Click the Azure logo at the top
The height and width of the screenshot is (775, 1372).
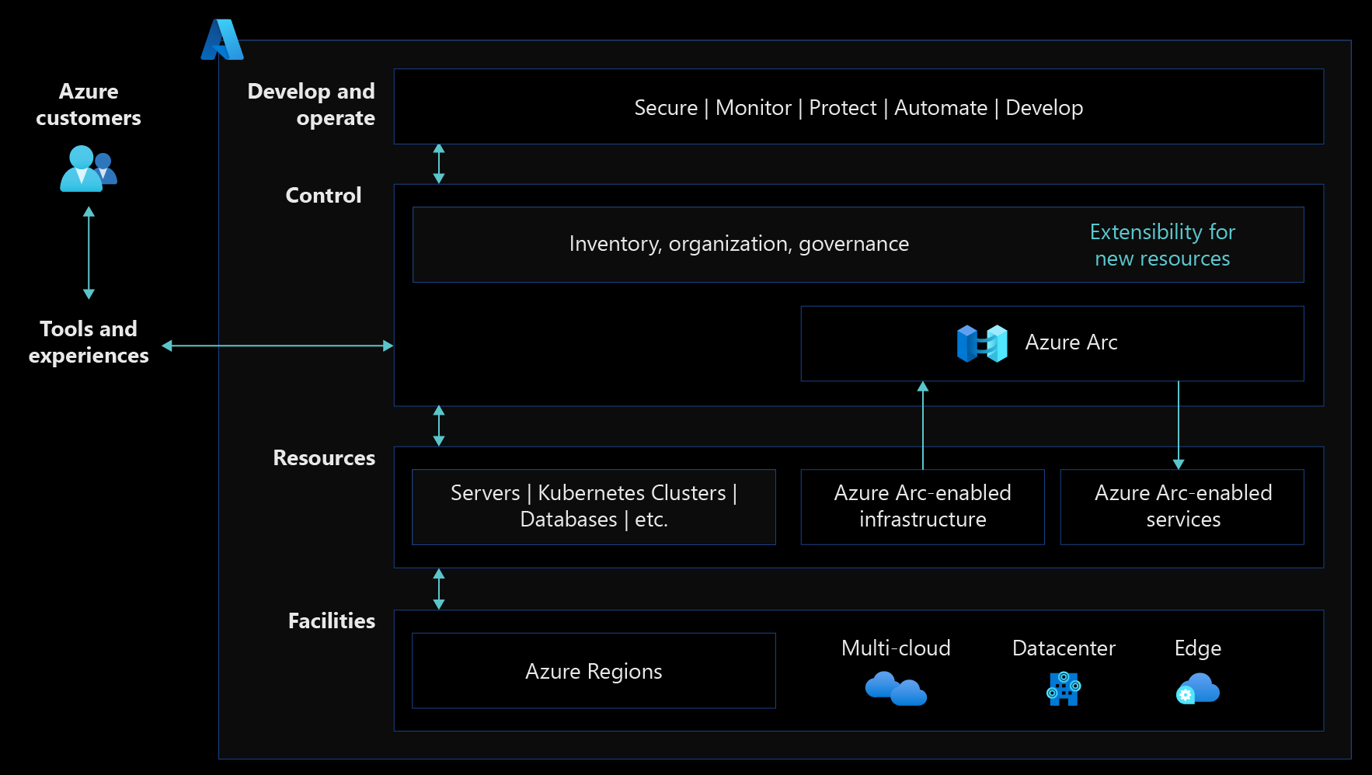tap(222, 40)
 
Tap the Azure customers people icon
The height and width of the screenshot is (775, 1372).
tap(89, 169)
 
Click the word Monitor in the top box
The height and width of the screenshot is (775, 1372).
tap(753, 107)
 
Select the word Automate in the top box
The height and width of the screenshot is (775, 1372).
tap(941, 107)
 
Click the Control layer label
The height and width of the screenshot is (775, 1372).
tap(323, 195)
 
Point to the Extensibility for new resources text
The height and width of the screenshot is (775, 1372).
tap(1162, 245)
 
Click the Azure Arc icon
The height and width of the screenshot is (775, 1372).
tap(982, 343)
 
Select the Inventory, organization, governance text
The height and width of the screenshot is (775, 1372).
tap(739, 244)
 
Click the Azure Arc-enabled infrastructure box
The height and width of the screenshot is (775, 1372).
tap(922, 506)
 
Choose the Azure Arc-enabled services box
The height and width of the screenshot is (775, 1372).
tap(1182, 506)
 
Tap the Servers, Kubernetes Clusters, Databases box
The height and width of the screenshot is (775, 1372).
tap(594, 506)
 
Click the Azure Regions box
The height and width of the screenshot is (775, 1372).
tap(594, 670)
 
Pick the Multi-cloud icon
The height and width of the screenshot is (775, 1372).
tap(896, 688)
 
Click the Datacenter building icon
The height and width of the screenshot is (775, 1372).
tap(1064, 688)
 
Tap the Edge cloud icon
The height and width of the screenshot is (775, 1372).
tap(1197, 688)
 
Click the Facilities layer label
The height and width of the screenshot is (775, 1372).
tap(332, 620)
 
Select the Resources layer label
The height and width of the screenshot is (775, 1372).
tap(324, 457)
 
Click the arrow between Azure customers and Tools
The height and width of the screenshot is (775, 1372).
tap(89, 252)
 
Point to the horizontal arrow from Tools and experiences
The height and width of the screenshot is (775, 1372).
tap(277, 346)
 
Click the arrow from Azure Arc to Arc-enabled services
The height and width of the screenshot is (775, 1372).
tap(1179, 425)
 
